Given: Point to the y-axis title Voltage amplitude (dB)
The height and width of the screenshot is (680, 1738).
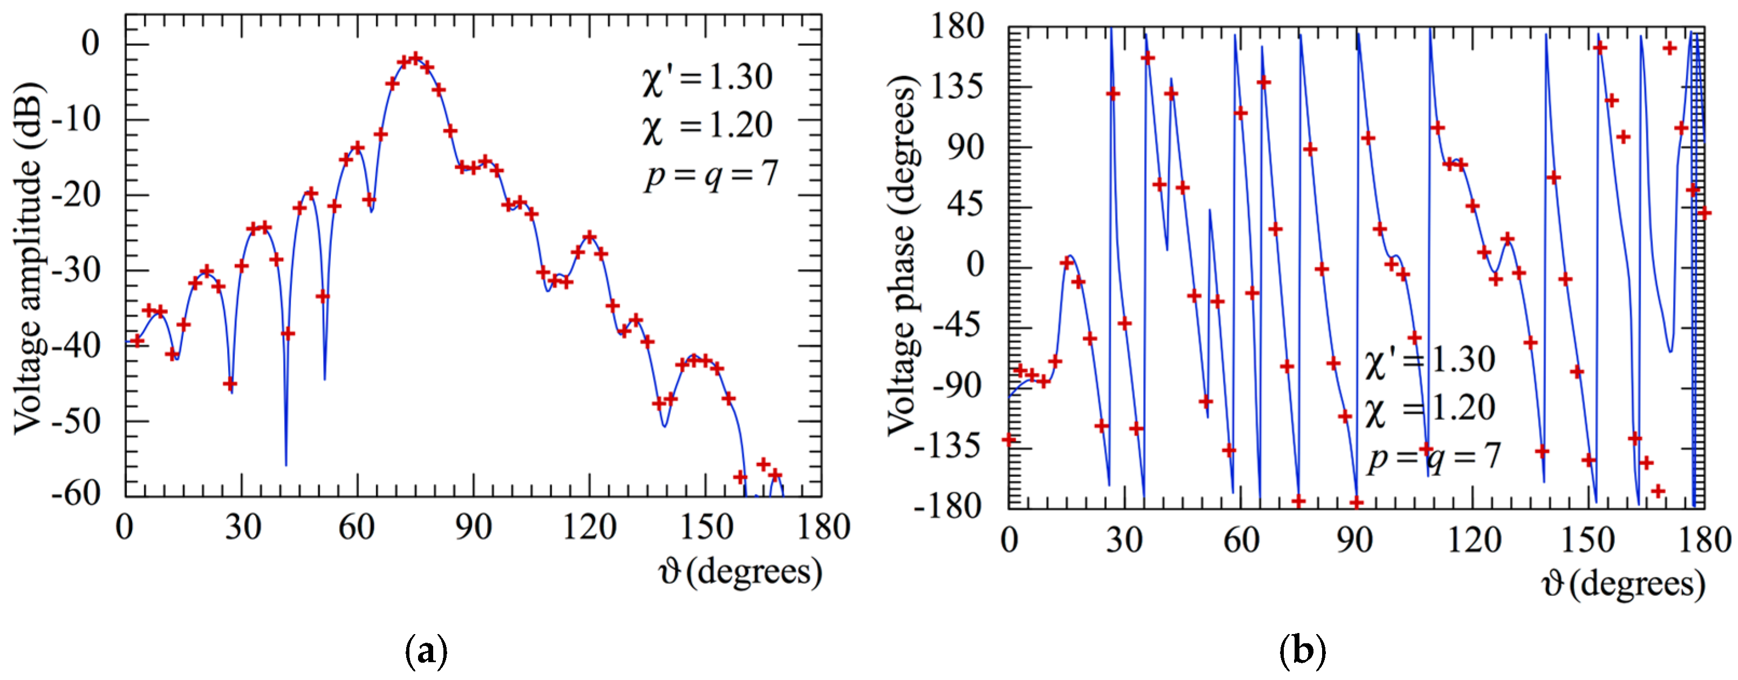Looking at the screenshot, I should pyautogui.click(x=29, y=259).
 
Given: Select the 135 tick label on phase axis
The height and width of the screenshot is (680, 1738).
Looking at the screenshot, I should pyautogui.click(x=957, y=87).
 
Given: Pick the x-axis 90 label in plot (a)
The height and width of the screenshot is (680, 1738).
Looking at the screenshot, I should pyautogui.click(x=473, y=527).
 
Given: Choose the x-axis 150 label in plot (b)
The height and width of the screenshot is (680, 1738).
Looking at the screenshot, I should pyautogui.click(x=1588, y=540).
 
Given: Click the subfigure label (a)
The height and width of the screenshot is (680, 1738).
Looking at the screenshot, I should pyautogui.click(x=426, y=651).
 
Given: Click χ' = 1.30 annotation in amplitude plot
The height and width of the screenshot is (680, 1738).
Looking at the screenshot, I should pyautogui.click(x=707, y=78).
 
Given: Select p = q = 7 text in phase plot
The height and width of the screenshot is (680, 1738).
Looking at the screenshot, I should pyautogui.click(x=1434, y=457).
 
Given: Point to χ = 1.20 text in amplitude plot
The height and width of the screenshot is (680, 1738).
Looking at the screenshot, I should pyautogui.click(x=707, y=127).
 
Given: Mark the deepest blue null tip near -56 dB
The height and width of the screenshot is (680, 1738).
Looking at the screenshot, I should pyautogui.click(x=286, y=463).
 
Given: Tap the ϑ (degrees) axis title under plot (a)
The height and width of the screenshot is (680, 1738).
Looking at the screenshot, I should pyautogui.click(x=740, y=573).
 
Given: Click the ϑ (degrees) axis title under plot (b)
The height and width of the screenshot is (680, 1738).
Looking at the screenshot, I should pyautogui.click(x=1623, y=584).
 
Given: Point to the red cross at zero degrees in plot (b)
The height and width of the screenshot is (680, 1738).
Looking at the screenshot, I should pyautogui.click(x=1009, y=440).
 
